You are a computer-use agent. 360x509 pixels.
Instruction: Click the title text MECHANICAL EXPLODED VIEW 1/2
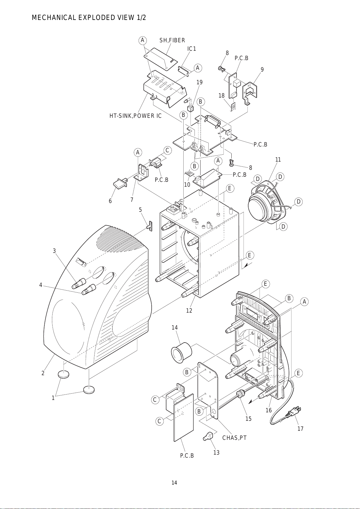tap(89, 18)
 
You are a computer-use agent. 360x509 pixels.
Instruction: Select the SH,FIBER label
tap(172, 40)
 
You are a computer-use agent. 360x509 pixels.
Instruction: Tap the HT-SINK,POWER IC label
tap(135, 116)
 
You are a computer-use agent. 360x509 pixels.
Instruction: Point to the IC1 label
tap(191, 49)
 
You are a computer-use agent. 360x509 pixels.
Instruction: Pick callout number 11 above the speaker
tap(278, 160)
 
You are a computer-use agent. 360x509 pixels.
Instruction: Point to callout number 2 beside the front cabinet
tap(43, 373)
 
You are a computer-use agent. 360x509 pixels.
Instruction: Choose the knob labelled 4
tap(88, 289)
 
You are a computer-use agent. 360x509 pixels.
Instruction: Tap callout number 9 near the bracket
tap(262, 69)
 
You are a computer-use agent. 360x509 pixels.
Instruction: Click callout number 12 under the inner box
tap(189, 311)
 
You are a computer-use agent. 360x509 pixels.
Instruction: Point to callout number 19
tap(199, 82)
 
